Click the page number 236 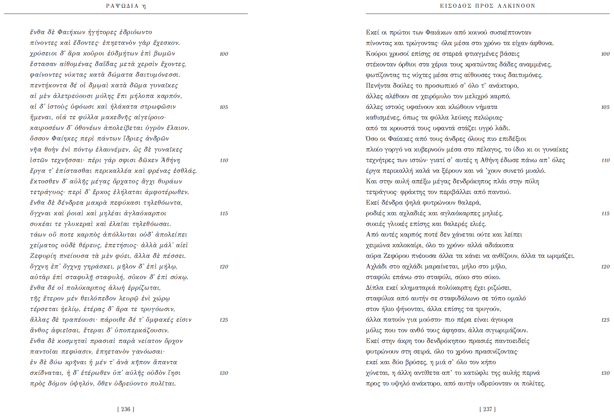tap(126, 409)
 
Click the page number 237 tap(488, 409)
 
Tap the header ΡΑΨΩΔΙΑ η tap(126, 6)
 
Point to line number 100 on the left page tap(224, 54)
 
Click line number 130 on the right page tap(605, 373)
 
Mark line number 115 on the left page tap(224, 213)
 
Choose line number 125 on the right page tap(605, 320)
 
